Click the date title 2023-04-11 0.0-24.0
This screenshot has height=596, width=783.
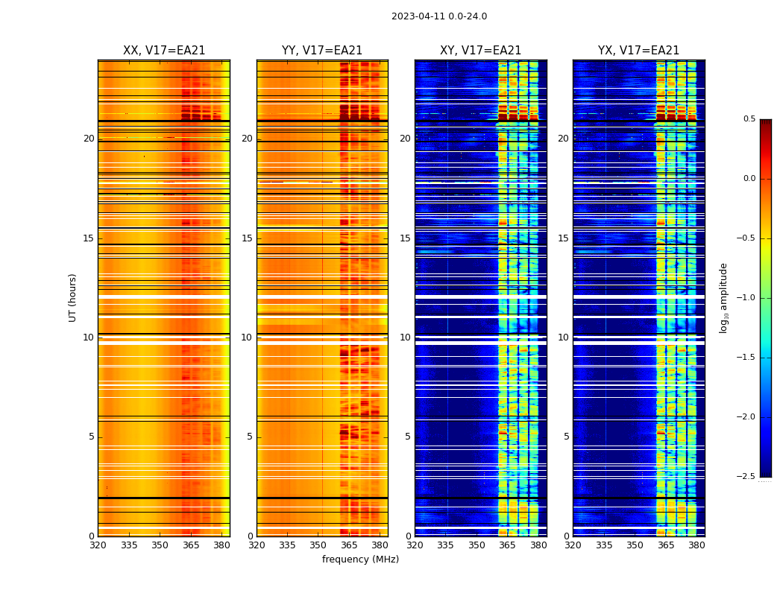(x=439, y=16)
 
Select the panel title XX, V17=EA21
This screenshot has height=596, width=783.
(x=164, y=51)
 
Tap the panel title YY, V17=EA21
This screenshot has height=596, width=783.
(x=322, y=51)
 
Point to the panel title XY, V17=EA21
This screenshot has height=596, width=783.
(x=480, y=51)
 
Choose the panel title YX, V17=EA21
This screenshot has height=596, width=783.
(x=638, y=51)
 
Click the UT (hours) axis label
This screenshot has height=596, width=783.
(x=72, y=297)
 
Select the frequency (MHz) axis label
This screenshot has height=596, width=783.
(x=360, y=559)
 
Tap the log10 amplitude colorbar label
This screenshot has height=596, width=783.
(x=723, y=297)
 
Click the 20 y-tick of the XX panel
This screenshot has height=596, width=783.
(x=89, y=139)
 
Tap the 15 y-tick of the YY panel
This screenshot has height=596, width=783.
(x=247, y=238)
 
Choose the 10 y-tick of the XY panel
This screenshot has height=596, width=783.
(x=405, y=337)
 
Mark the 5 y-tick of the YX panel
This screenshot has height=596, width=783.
(x=566, y=437)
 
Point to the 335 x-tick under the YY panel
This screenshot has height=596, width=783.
(x=287, y=545)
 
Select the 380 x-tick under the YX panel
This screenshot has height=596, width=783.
(x=696, y=545)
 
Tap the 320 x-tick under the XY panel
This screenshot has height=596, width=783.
(x=415, y=545)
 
